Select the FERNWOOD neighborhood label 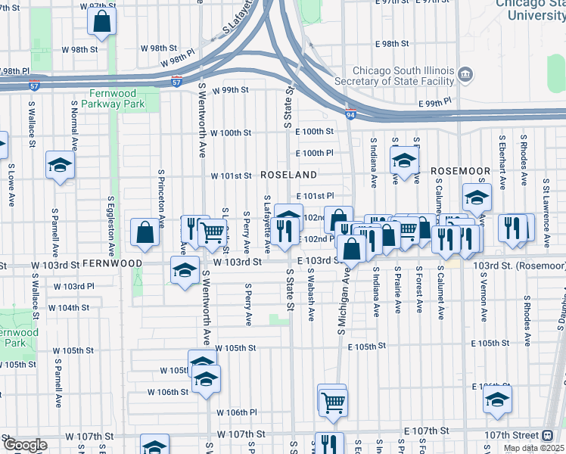(x=112, y=263)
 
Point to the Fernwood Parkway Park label (x=113, y=98)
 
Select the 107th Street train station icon (x=547, y=435)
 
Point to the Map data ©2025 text (x=534, y=448)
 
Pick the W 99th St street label (x=231, y=90)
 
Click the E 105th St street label (x=367, y=346)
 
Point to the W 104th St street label (x=69, y=308)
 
